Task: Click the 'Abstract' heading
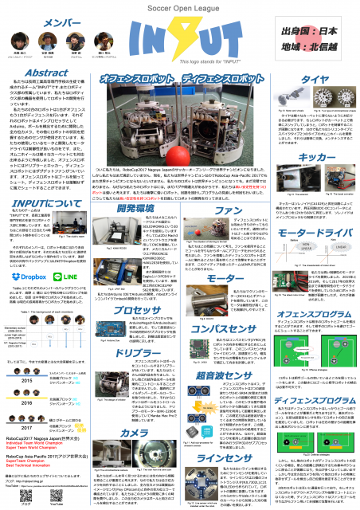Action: coord(30,71)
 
